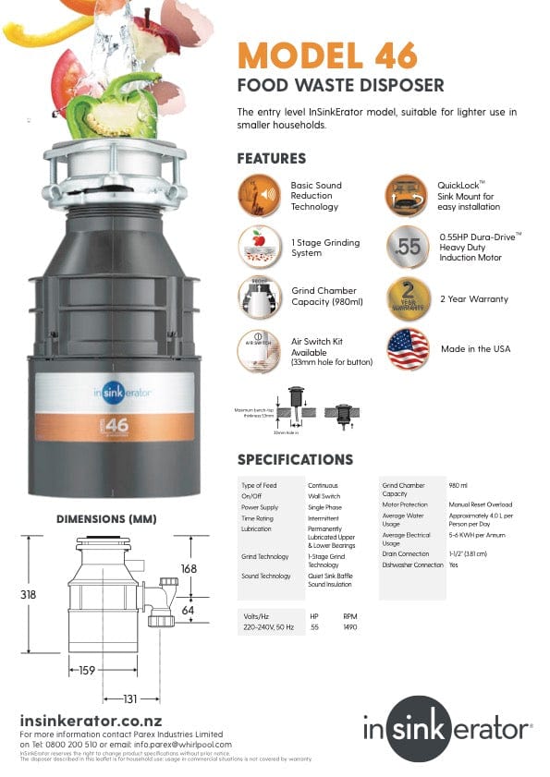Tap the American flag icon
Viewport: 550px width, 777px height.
click(409, 348)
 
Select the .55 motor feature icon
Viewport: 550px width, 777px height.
click(409, 247)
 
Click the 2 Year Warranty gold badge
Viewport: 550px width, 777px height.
click(409, 298)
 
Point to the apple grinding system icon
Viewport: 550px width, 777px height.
click(259, 247)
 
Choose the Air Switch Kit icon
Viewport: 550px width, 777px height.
click(259, 350)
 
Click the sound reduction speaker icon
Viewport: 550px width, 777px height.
click(259, 195)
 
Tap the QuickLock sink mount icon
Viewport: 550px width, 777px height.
click(409, 195)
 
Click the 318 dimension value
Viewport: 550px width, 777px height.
click(29, 596)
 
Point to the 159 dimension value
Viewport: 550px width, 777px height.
click(87, 671)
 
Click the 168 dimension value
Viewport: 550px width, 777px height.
click(188, 569)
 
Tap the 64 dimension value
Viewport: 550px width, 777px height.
click(189, 610)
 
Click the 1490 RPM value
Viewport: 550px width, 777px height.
click(350, 627)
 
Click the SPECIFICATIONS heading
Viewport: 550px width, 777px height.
click(295, 459)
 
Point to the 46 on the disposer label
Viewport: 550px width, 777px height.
click(116, 426)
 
